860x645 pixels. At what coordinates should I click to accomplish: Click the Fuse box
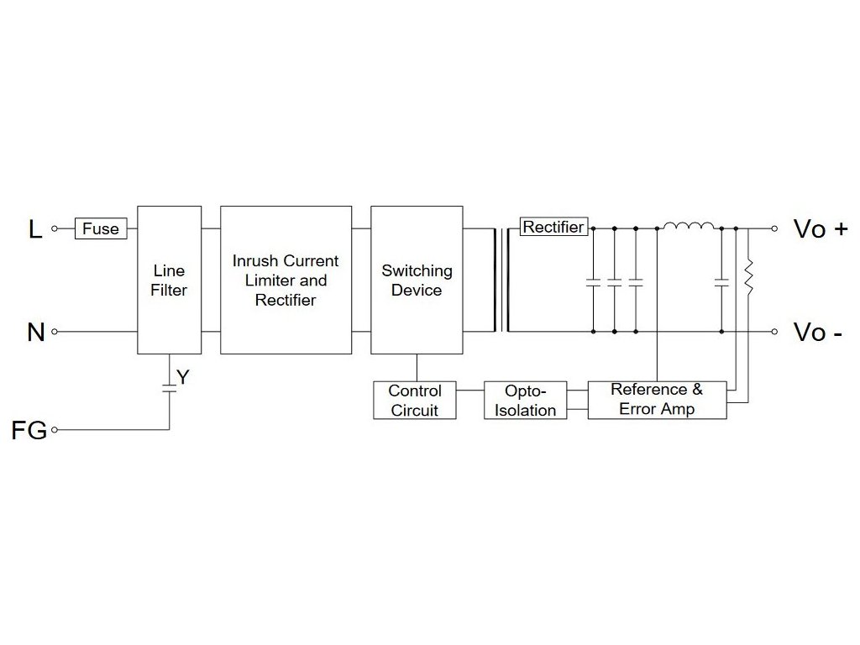coord(101,228)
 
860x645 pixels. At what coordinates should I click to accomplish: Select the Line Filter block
coord(169,280)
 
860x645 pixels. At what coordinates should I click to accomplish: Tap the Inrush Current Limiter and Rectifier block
coord(286,280)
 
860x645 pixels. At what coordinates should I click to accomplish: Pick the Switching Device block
coord(416,280)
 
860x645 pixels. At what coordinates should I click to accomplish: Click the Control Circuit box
coord(415,400)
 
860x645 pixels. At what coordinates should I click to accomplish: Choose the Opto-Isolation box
coord(526,400)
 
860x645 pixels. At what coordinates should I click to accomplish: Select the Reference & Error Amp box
coord(657,400)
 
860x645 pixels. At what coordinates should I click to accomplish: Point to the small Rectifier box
coord(553,227)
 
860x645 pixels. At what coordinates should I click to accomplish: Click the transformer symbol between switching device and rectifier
coord(505,280)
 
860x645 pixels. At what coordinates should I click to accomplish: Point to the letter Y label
coord(183,377)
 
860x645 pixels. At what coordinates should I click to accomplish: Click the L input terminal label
coord(35,228)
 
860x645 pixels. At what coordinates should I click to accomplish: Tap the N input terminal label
coord(35,333)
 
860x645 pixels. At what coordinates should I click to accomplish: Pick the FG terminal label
coord(29,430)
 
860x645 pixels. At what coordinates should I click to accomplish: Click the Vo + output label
coord(820,228)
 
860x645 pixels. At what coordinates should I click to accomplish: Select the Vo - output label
coord(818,333)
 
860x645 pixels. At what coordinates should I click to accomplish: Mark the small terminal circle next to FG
coord(55,430)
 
